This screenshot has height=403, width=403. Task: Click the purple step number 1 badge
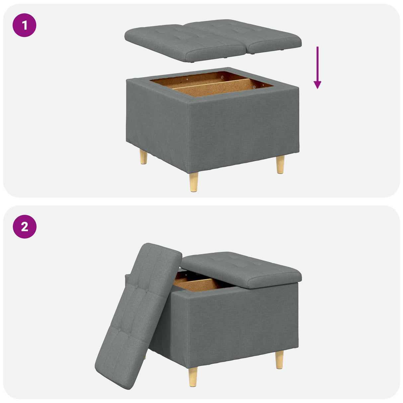tap(24, 25)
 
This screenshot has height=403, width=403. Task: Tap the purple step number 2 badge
tap(24, 227)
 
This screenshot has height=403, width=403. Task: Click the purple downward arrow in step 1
tap(317, 68)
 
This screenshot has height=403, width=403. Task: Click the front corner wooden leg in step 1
tap(194, 182)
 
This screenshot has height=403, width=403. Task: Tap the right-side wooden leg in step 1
tap(281, 164)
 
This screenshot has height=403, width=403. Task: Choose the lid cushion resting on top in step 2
tap(241, 269)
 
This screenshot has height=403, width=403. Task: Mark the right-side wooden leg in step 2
tap(280, 360)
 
